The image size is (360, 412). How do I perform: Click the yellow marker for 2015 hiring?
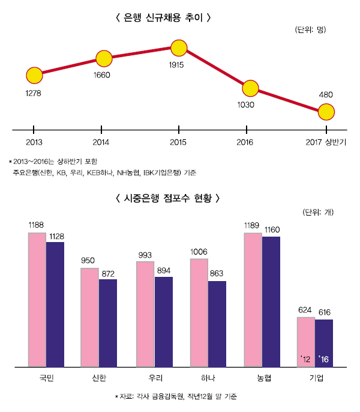pos(179,47)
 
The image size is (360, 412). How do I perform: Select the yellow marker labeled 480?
pos(326,112)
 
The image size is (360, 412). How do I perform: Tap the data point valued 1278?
pos(34,76)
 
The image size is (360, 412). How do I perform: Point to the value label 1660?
pos(103,75)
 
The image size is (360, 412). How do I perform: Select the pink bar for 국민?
pos(37,299)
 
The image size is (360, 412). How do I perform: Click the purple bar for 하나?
pos(217,323)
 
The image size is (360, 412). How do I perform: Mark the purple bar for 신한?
pos(108,322)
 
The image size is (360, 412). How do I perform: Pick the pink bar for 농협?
pos(253,299)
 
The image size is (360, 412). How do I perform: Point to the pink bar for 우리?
pos(145,314)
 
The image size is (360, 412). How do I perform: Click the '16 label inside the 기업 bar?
pos(324,359)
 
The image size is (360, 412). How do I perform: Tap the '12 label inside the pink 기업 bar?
pos(305,359)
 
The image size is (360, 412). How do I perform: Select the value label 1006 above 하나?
pos(199,252)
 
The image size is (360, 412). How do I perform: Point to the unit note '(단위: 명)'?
pos(310,29)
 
